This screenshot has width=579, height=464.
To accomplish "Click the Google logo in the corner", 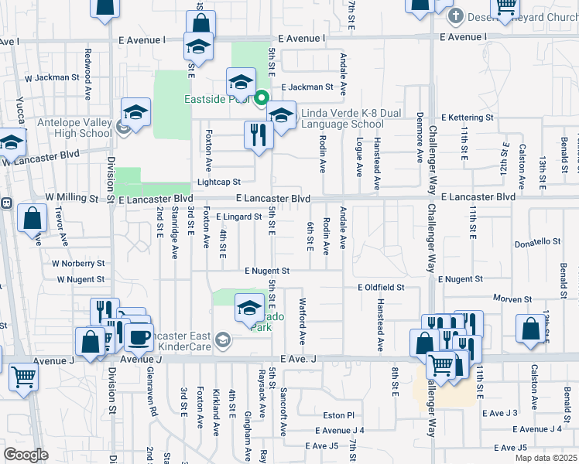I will pos(26,455).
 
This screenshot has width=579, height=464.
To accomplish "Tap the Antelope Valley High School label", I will pos(74,128).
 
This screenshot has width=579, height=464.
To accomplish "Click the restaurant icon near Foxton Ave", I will pos(256,135).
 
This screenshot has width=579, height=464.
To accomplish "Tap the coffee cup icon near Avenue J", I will pos(139,337).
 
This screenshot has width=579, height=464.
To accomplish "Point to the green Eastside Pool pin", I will pos(262,98).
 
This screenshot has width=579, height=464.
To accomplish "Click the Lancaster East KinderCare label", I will pos(176,340).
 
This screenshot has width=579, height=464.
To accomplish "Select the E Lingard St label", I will pos(238,217).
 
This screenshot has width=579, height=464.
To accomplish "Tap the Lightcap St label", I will pos(219,182).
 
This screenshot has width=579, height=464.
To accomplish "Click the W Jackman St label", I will pos(53,77).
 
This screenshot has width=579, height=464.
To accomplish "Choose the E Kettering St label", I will pos(467,118).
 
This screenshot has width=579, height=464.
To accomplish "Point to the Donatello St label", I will pos(543,244).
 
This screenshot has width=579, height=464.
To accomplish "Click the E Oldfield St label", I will pos(381,287).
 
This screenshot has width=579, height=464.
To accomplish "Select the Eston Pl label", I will pos(338,415).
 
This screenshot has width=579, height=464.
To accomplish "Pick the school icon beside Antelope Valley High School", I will pos(135,114).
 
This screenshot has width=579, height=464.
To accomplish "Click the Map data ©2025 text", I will pos(545,458).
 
